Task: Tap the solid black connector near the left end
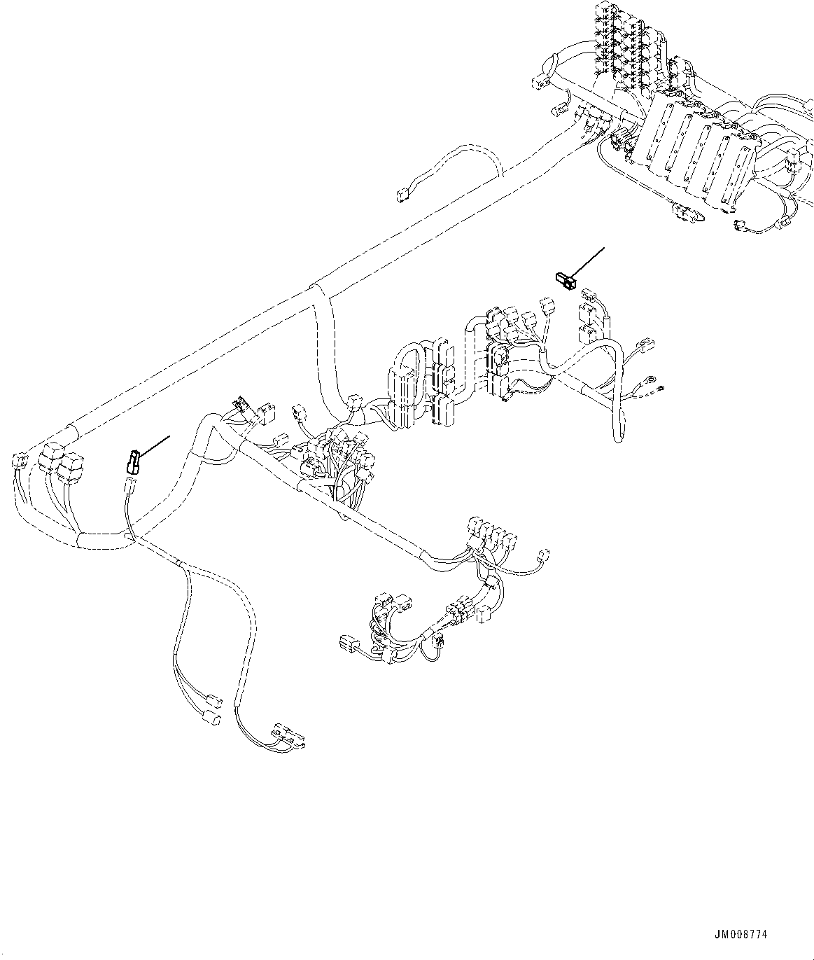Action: click(x=132, y=461)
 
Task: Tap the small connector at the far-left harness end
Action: click(x=19, y=461)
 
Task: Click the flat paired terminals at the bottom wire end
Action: click(x=290, y=735)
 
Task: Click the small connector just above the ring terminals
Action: click(x=645, y=347)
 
